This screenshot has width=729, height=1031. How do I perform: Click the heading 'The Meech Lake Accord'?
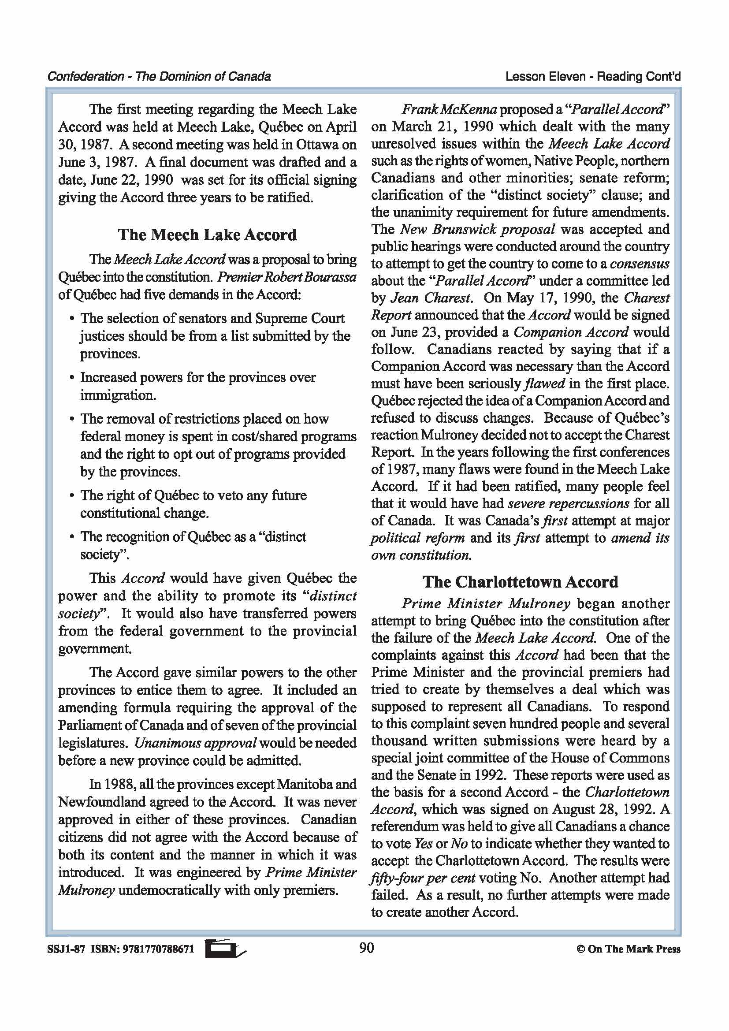208,235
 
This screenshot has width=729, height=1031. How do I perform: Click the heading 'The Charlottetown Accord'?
520,582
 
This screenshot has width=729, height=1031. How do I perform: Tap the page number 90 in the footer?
366,948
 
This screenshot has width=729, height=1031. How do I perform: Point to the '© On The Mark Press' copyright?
628,949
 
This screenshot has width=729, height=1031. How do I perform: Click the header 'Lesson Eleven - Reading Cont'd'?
592,77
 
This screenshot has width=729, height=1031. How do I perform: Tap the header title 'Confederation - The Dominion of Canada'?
159,76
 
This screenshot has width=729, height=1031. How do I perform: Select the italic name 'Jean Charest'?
431,298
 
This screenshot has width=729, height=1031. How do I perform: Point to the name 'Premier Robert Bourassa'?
286,277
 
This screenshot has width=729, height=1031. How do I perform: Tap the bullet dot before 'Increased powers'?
71,378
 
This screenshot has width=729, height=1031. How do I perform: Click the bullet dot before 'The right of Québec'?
71,496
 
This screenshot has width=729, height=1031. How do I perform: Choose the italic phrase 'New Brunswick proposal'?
477,230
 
